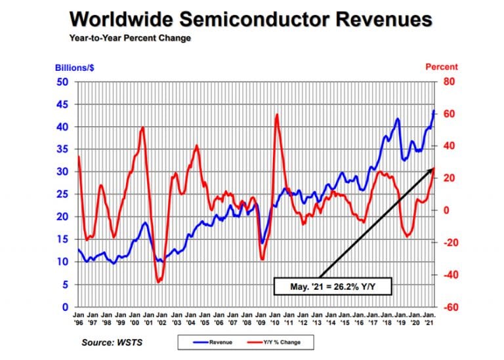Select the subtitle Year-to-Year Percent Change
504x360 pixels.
tap(130, 38)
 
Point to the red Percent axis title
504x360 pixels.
tap(442, 67)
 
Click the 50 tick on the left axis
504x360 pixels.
tap(64, 82)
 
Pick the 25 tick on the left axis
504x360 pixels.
tap(64, 195)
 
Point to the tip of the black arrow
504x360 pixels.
tap(434, 169)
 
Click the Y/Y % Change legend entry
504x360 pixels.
tap(274, 342)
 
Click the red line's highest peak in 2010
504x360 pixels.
tap(277, 115)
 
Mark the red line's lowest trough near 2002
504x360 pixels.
tap(158, 282)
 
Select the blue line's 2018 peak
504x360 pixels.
tap(398, 119)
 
